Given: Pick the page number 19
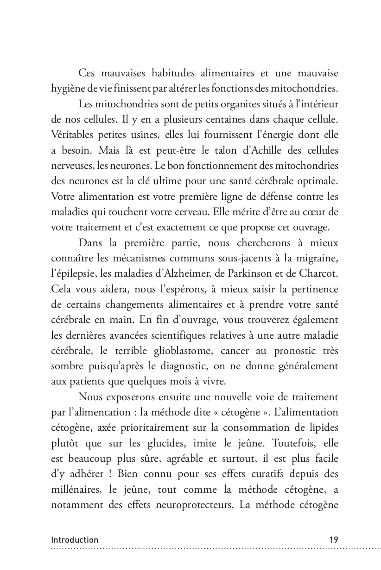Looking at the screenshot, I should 333,540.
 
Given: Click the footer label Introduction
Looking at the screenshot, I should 75,540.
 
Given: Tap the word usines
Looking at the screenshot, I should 144,135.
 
